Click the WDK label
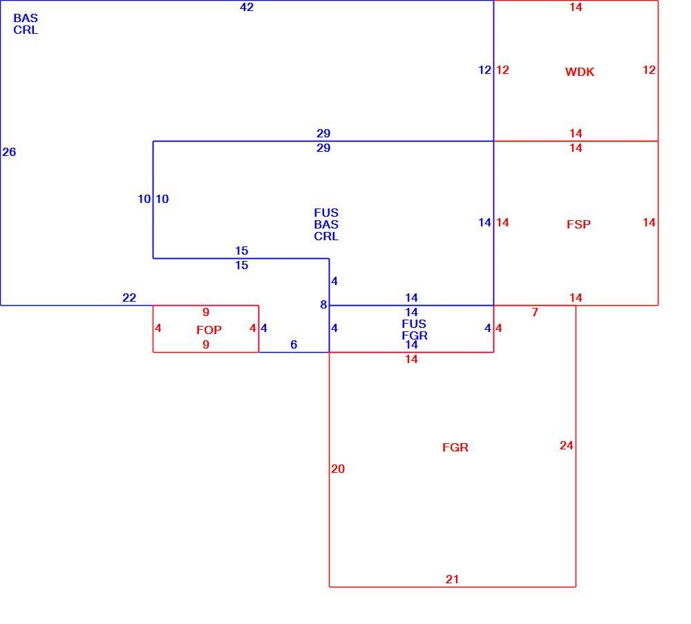click(580, 72)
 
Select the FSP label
click(578, 224)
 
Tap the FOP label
click(209, 330)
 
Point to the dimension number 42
click(247, 7)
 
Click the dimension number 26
click(9, 152)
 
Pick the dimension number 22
click(129, 298)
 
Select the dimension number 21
click(452, 579)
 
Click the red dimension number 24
click(567, 445)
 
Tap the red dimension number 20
click(338, 469)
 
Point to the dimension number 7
click(535, 312)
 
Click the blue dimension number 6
click(294, 344)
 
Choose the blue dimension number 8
click(323, 304)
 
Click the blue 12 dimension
click(485, 70)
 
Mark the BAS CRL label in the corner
click(26, 23)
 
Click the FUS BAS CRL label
click(326, 224)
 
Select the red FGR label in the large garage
click(455, 447)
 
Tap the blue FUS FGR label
click(414, 329)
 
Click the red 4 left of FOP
click(158, 328)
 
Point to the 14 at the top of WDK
click(576, 7)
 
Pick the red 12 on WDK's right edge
click(649, 70)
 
